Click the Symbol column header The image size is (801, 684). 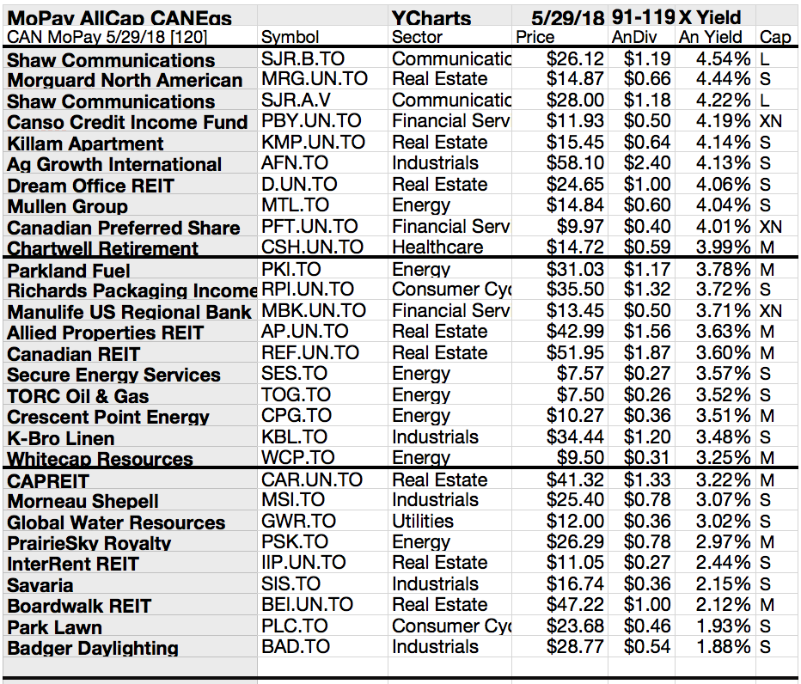coord(290,37)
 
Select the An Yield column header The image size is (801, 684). coord(711,37)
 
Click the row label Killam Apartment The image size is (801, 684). coord(73,144)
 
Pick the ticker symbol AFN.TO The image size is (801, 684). coord(294,163)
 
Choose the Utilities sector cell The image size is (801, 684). coord(423,521)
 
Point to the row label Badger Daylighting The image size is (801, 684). coord(93,648)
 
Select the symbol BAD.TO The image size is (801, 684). coord(296,646)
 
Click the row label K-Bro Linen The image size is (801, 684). coord(62,437)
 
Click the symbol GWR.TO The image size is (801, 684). coord(296,521)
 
